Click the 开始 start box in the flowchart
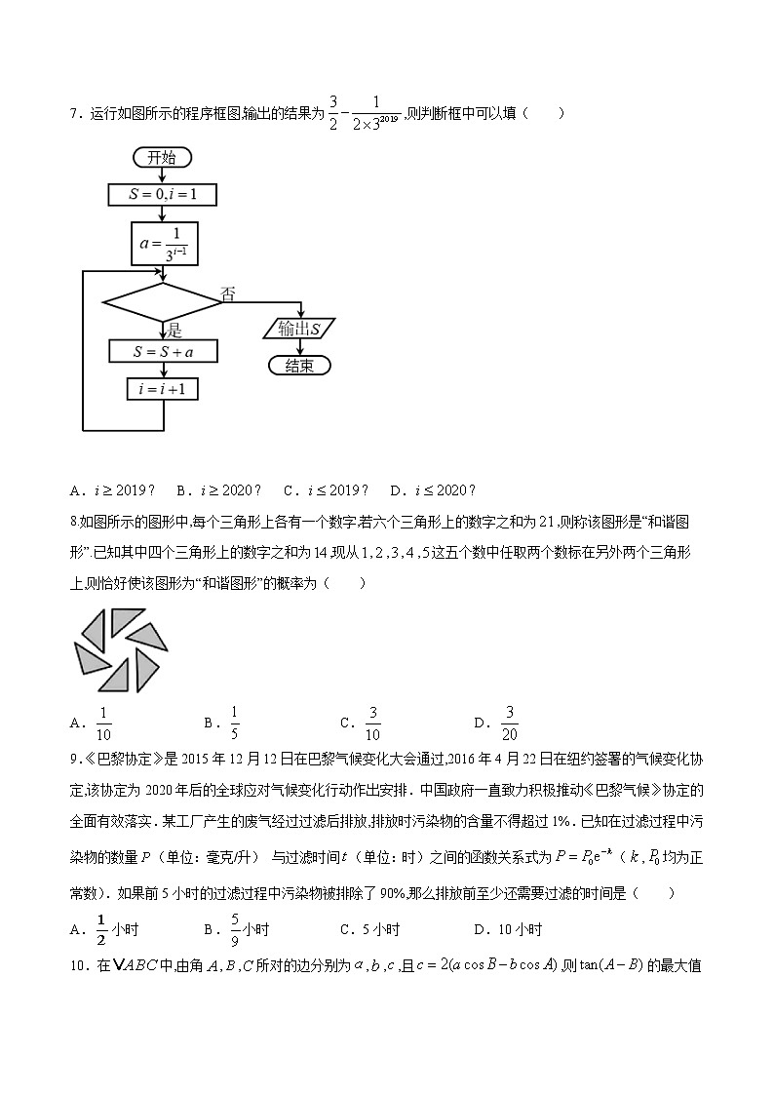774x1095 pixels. [162, 158]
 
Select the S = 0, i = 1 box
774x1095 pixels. [162, 195]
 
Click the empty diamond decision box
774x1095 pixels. [162, 302]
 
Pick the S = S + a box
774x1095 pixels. [162, 351]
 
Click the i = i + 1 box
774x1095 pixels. [162, 390]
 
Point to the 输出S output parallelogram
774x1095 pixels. [299, 329]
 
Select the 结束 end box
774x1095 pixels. [299, 366]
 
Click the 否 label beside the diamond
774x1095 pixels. [228, 294]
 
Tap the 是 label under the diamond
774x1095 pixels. [175, 331]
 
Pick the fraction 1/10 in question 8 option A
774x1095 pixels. [103, 723]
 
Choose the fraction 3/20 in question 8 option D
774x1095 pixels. [509, 723]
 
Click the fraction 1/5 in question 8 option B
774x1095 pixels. [235, 723]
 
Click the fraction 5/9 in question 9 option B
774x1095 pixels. [235, 929]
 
